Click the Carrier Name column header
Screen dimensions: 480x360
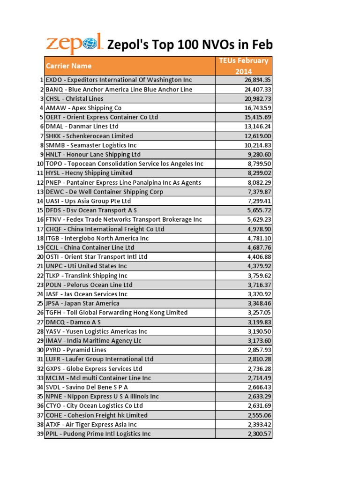point(68,66)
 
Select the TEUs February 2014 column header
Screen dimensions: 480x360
point(243,66)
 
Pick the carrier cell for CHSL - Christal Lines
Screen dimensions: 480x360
point(75,98)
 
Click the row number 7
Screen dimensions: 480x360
point(41,136)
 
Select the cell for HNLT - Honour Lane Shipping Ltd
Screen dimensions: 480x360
point(93,154)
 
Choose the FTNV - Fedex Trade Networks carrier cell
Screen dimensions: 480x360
point(124,219)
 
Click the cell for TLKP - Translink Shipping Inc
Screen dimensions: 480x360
point(87,276)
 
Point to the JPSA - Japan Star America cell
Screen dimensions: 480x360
point(82,303)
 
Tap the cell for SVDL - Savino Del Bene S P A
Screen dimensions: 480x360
point(87,387)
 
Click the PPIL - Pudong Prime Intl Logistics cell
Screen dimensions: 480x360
point(98,434)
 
